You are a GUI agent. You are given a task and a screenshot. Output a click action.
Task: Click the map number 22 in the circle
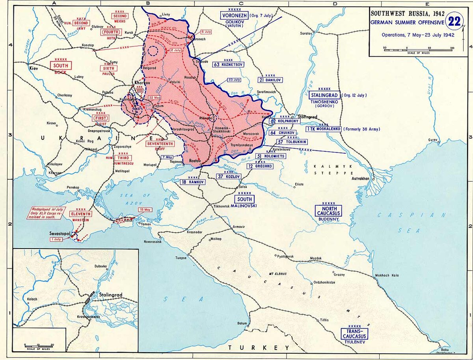pyautogui.click(x=454, y=21)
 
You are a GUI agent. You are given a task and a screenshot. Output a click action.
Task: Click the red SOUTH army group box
pyautogui.click(x=61, y=65)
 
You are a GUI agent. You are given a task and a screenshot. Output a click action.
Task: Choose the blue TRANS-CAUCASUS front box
pyautogui.click(x=355, y=334)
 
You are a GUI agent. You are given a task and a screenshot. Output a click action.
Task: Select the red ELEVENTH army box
pyautogui.click(x=80, y=214)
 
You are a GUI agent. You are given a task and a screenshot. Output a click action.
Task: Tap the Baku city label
pyautogui.click(x=445, y=349)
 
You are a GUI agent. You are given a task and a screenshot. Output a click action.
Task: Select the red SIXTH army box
pyautogui.click(x=108, y=68)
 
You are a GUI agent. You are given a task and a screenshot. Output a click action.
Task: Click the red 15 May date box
pyautogui.click(x=145, y=210)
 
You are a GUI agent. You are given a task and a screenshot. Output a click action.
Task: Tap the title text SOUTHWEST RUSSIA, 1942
pyautogui.click(x=405, y=13)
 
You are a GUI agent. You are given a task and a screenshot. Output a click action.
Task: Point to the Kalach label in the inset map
pyautogui.click(x=32, y=299)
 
